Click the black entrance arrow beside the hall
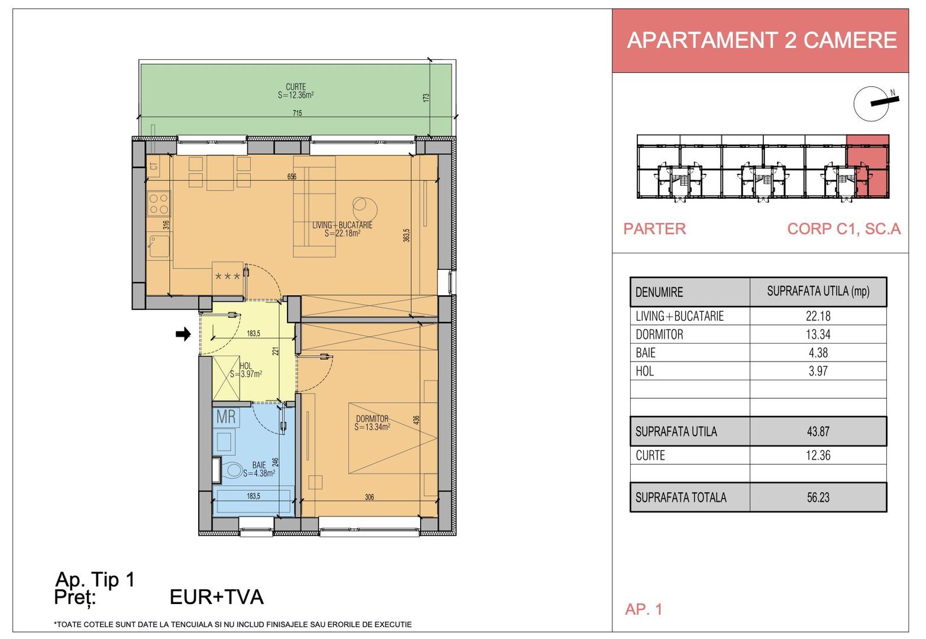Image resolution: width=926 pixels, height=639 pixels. (x=183, y=334)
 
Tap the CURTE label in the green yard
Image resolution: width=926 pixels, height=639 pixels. (x=296, y=87)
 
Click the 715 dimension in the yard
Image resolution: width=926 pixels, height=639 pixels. (x=297, y=113)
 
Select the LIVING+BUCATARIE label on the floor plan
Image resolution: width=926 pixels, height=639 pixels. (x=342, y=225)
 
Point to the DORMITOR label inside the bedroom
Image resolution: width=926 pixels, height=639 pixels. (x=372, y=419)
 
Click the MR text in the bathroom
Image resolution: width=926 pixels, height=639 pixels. (x=225, y=417)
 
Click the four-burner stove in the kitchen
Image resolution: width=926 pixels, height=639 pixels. (x=159, y=204)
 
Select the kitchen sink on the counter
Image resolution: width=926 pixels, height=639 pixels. (x=159, y=246)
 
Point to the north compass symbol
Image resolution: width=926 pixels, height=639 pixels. (x=872, y=104)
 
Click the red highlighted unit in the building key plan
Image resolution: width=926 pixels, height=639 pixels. (x=867, y=167)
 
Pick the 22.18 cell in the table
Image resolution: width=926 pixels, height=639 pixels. (x=818, y=316)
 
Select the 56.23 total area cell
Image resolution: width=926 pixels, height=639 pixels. (x=818, y=497)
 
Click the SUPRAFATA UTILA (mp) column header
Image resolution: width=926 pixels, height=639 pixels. (x=818, y=291)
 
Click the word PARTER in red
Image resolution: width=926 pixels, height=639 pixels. (x=655, y=229)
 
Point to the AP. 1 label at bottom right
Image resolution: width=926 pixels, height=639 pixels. (x=644, y=609)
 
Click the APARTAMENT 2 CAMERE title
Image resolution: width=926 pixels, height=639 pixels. (x=762, y=40)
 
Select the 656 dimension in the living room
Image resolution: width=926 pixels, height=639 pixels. (x=292, y=177)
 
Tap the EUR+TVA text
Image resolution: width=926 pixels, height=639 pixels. (x=217, y=597)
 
